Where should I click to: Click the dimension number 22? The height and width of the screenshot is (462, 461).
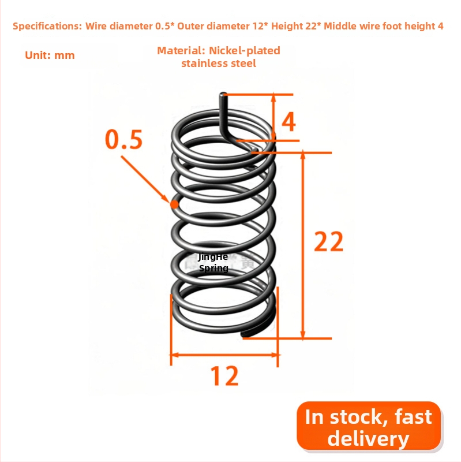pos(328,241)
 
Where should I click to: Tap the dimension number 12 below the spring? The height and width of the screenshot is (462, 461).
pos(224,376)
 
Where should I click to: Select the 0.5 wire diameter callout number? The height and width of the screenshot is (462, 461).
pos(124,139)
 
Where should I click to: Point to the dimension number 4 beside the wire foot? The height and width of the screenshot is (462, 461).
pos(288,122)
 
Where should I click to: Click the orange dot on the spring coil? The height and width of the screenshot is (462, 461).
pos(175,204)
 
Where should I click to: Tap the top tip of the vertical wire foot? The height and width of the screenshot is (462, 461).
pos(223,94)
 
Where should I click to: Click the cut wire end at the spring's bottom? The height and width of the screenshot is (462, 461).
pos(243,334)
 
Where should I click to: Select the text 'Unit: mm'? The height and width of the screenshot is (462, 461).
pos(50,55)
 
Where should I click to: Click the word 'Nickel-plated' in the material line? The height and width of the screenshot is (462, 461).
pos(244,51)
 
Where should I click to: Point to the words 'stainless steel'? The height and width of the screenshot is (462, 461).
pos(219,64)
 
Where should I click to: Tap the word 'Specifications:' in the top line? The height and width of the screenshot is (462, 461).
pos(47,26)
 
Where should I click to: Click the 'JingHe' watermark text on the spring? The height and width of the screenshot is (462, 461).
pos(213,257)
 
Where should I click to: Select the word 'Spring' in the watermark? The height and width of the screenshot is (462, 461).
pos(213,269)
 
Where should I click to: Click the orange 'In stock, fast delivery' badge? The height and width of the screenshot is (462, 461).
pos(369,426)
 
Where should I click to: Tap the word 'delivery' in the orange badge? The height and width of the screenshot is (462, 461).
pos(368,438)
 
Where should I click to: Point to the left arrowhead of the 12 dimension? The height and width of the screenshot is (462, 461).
pos(174,355)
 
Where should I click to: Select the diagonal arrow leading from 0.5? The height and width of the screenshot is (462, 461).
pos(145,179)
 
